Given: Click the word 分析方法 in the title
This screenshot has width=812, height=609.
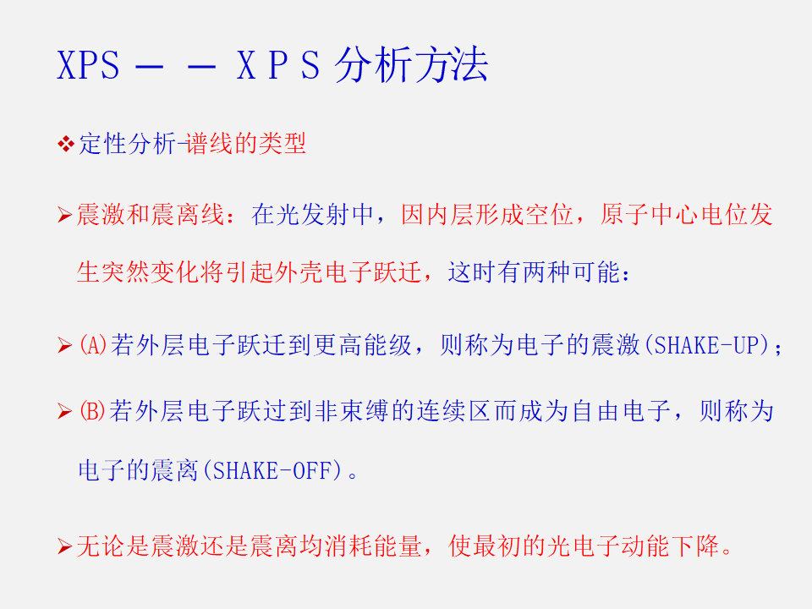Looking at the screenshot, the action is (411, 65).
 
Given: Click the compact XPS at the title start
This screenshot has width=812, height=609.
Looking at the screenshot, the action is (88, 65).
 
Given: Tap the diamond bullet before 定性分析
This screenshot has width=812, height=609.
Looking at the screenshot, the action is (66, 144).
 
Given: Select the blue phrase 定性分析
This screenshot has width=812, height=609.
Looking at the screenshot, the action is (128, 144).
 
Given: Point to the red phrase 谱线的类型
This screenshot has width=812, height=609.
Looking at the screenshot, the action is (246, 144).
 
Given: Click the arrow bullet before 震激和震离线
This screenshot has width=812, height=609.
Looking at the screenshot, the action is (65, 214).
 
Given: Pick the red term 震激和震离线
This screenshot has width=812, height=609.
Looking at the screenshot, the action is (151, 214).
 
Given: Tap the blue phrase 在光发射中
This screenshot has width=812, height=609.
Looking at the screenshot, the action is (312, 214).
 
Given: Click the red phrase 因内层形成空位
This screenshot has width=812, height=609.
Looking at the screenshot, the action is (487, 214).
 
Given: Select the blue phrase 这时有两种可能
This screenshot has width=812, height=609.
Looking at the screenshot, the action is (534, 272).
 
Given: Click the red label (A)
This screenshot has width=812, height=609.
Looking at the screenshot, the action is (93, 345).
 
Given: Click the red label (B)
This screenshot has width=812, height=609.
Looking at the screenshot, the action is (92, 411).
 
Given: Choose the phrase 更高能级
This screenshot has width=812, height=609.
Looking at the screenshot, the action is (363, 345).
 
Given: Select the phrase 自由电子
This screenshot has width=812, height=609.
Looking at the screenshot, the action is (621, 411).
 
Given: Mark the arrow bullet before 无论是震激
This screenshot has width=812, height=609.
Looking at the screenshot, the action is (65, 546).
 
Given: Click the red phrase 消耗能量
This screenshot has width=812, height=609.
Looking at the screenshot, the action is (373, 546).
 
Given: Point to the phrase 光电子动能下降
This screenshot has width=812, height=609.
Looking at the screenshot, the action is (633, 546).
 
